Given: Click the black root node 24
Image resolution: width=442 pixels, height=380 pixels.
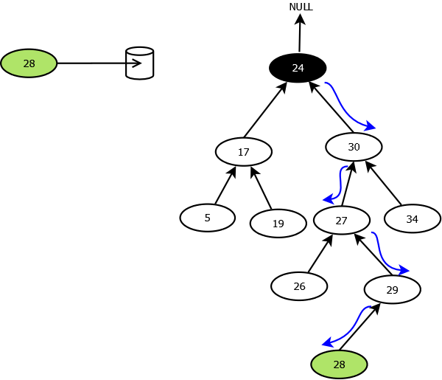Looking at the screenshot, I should (x=298, y=68).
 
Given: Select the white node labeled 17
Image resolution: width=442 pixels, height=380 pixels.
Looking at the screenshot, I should (x=244, y=152).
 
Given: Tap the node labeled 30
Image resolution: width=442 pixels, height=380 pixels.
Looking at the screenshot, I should (x=354, y=147).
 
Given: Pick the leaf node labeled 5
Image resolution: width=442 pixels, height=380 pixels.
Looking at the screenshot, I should (x=207, y=218).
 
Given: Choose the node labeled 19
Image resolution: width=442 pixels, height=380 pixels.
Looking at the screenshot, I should (x=278, y=224).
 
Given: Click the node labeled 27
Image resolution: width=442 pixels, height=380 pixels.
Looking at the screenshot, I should (x=341, y=221).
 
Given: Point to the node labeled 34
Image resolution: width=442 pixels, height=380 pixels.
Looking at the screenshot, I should (x=412, y=219).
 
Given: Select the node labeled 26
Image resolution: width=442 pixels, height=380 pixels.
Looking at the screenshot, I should (x=299, y=286).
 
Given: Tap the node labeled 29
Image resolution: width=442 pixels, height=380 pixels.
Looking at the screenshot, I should (x=392, y=290).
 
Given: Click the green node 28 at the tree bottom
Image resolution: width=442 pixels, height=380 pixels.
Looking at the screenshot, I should (x=339, y=365).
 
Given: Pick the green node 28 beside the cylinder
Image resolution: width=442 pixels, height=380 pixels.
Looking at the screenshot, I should (x=29, y=63).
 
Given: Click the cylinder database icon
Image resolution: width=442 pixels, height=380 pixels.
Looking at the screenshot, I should (x=140, y=63).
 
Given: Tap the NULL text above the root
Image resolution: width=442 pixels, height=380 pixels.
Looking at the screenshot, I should (x=301, y=7).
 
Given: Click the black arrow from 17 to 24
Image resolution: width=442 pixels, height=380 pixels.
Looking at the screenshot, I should (x=264, y=111).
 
